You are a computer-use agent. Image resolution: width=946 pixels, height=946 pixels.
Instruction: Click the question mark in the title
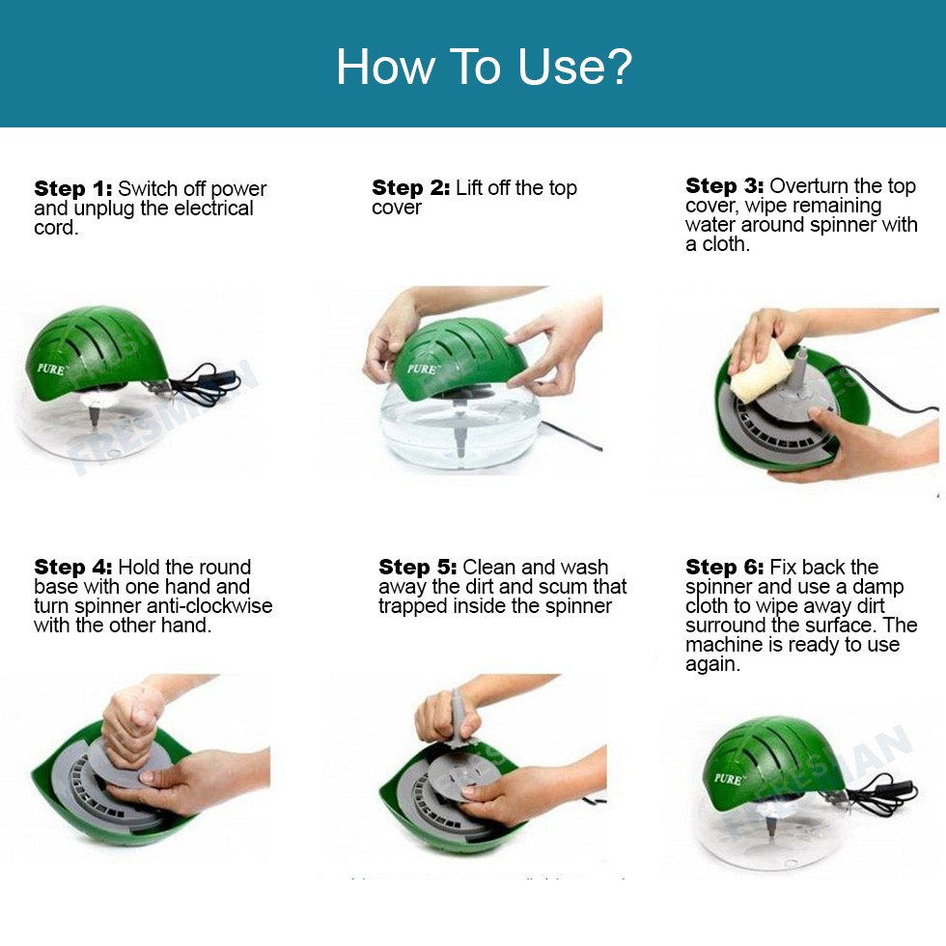coord(616,66)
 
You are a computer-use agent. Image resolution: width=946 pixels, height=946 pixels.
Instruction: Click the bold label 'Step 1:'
coord(73,189)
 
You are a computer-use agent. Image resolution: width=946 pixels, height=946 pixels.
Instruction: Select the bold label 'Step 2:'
coord(411,187)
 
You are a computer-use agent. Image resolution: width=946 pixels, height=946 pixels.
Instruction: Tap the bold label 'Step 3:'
coord(725,185)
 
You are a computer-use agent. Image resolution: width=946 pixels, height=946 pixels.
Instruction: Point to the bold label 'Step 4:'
coord(73,568)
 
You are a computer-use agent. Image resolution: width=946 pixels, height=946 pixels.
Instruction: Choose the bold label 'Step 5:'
coord(417,568)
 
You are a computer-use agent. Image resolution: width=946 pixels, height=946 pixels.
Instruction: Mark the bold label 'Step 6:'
coord(725,568)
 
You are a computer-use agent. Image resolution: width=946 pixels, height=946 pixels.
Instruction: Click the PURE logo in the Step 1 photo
coord(51,369)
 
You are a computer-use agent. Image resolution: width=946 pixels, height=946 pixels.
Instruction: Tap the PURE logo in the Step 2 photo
coord(421,369)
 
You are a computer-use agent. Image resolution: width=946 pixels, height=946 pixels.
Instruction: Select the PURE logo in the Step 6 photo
coord(728,778)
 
